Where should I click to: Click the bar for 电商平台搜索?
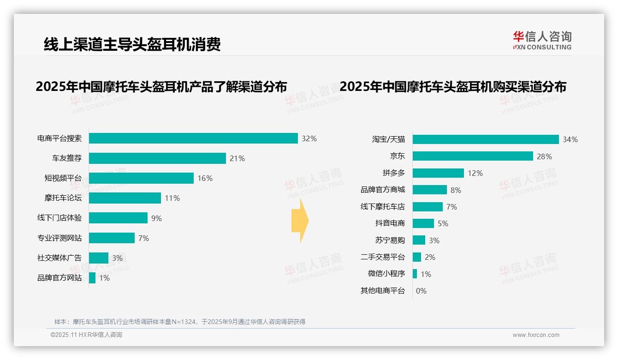click(193, 138)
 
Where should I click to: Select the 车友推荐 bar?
click(157, 158)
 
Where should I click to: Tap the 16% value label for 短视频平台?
click(205, 178)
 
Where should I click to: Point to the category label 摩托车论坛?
click(63, 198)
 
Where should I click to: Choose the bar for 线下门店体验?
click(118, 218)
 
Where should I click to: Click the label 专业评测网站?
click(59, 238)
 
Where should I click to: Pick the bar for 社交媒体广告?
click(99, 258)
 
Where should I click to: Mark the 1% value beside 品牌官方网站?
click(104, 278)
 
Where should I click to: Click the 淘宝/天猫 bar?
click(486, 139)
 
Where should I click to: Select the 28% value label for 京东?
click(544, 156)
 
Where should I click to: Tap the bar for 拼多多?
click(438, 173)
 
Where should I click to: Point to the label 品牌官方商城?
click(383, 190)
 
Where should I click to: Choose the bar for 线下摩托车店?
click(428, 207)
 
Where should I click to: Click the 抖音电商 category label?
click(390, 223)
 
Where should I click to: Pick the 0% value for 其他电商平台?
click(421, 291)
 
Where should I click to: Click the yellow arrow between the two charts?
click(300, 221)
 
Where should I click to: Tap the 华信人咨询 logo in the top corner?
click(542, 40)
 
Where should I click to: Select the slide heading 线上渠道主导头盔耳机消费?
click(132, 44)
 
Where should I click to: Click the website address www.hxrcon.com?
click(536, 335)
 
